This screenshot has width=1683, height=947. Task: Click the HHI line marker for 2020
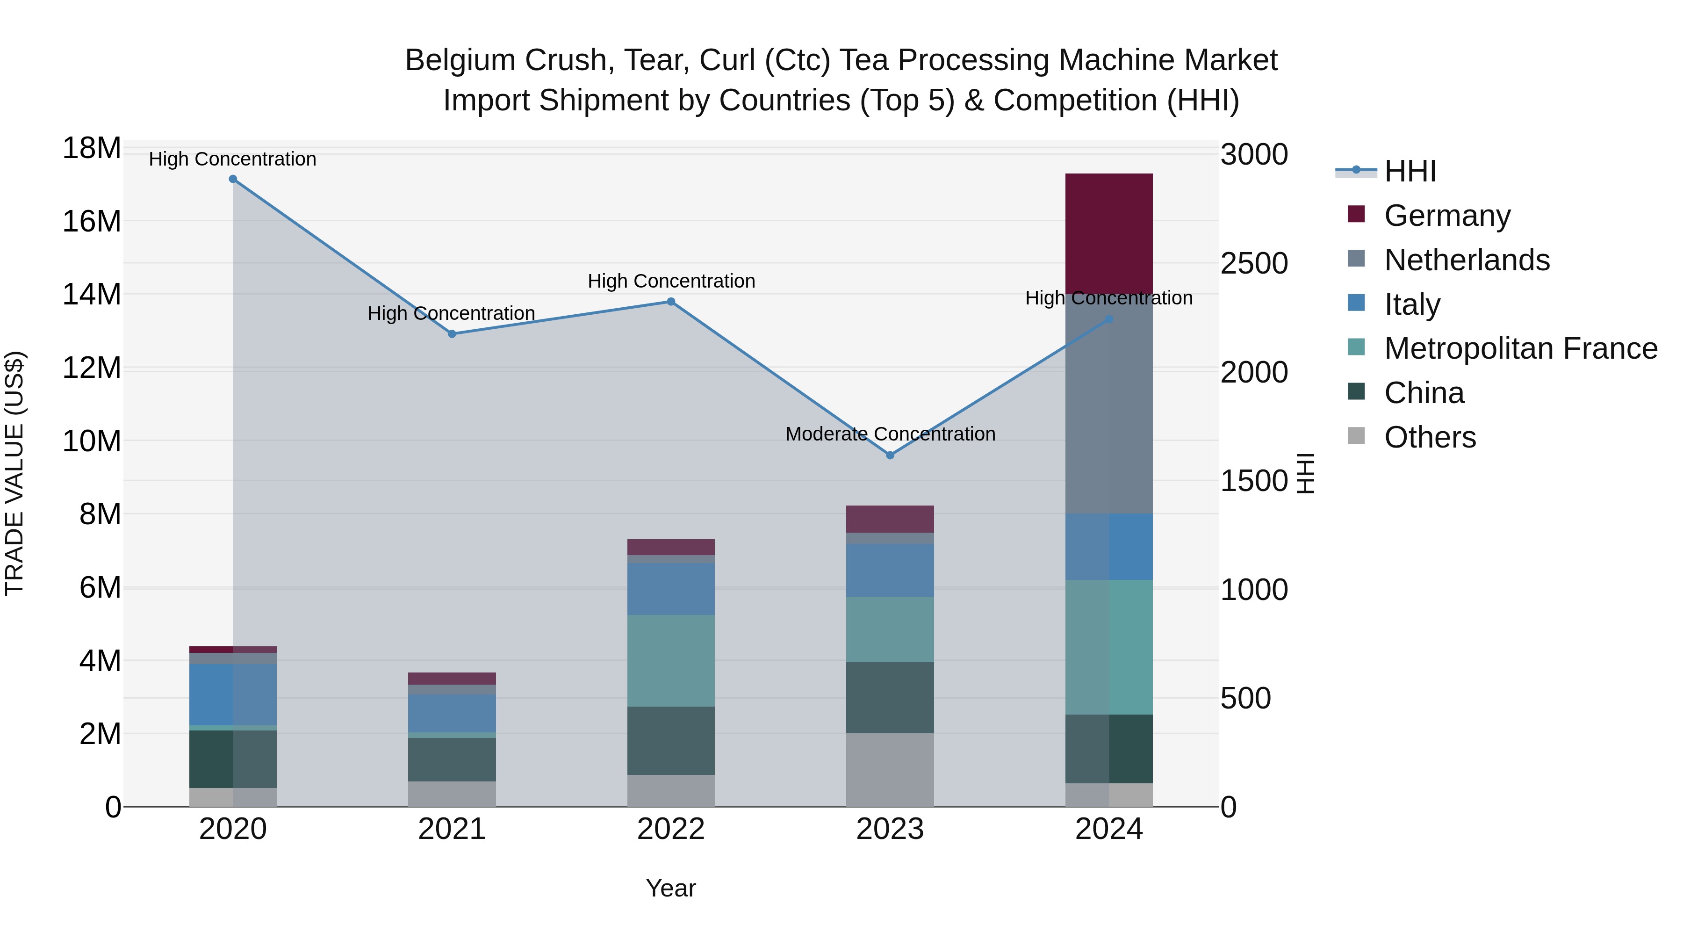pos(233,179)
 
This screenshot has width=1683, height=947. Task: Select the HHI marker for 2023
pos(890,455)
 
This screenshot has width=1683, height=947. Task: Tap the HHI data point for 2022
pos(671,302)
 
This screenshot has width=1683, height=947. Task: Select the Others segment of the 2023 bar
pos(890,769)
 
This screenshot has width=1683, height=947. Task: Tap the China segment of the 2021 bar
pos(452,759)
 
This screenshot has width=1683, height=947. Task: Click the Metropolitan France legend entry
pos(1520,349)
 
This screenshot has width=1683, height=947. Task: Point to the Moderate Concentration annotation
pos(890,434)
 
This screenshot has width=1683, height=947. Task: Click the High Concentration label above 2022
pos(671,281)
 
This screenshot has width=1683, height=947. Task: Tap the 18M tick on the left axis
pos(92,148)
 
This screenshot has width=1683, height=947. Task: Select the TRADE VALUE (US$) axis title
pos(14,473)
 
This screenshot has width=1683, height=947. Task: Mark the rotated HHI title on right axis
pos(1305,473)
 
